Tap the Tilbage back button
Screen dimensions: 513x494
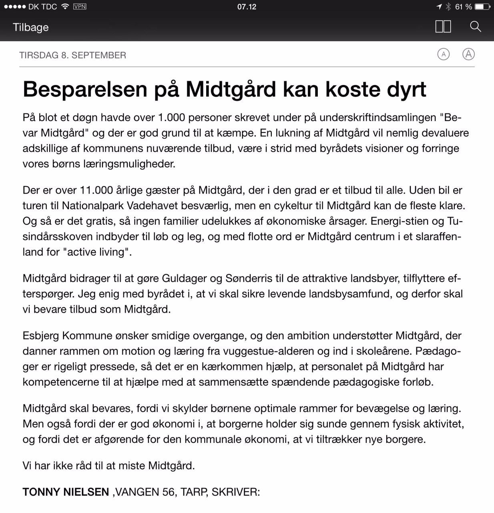tap(30, 27)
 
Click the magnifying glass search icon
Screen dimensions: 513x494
tap(475, 27)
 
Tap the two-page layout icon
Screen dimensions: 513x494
tap(443, 27)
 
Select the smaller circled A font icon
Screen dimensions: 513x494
tap(443, 54)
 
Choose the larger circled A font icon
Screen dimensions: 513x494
tap(468, 54)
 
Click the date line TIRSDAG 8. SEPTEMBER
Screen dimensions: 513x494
tap(72, 55)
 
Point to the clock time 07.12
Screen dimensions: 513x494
tap(247, 7)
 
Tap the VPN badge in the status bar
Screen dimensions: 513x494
tap(80, 7)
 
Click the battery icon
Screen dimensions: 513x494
tap(482, 7)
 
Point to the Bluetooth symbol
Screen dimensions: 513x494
tap(448, 7)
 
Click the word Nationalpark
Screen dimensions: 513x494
tap(93, 206)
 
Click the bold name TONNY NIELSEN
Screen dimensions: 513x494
tap(66, 492)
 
